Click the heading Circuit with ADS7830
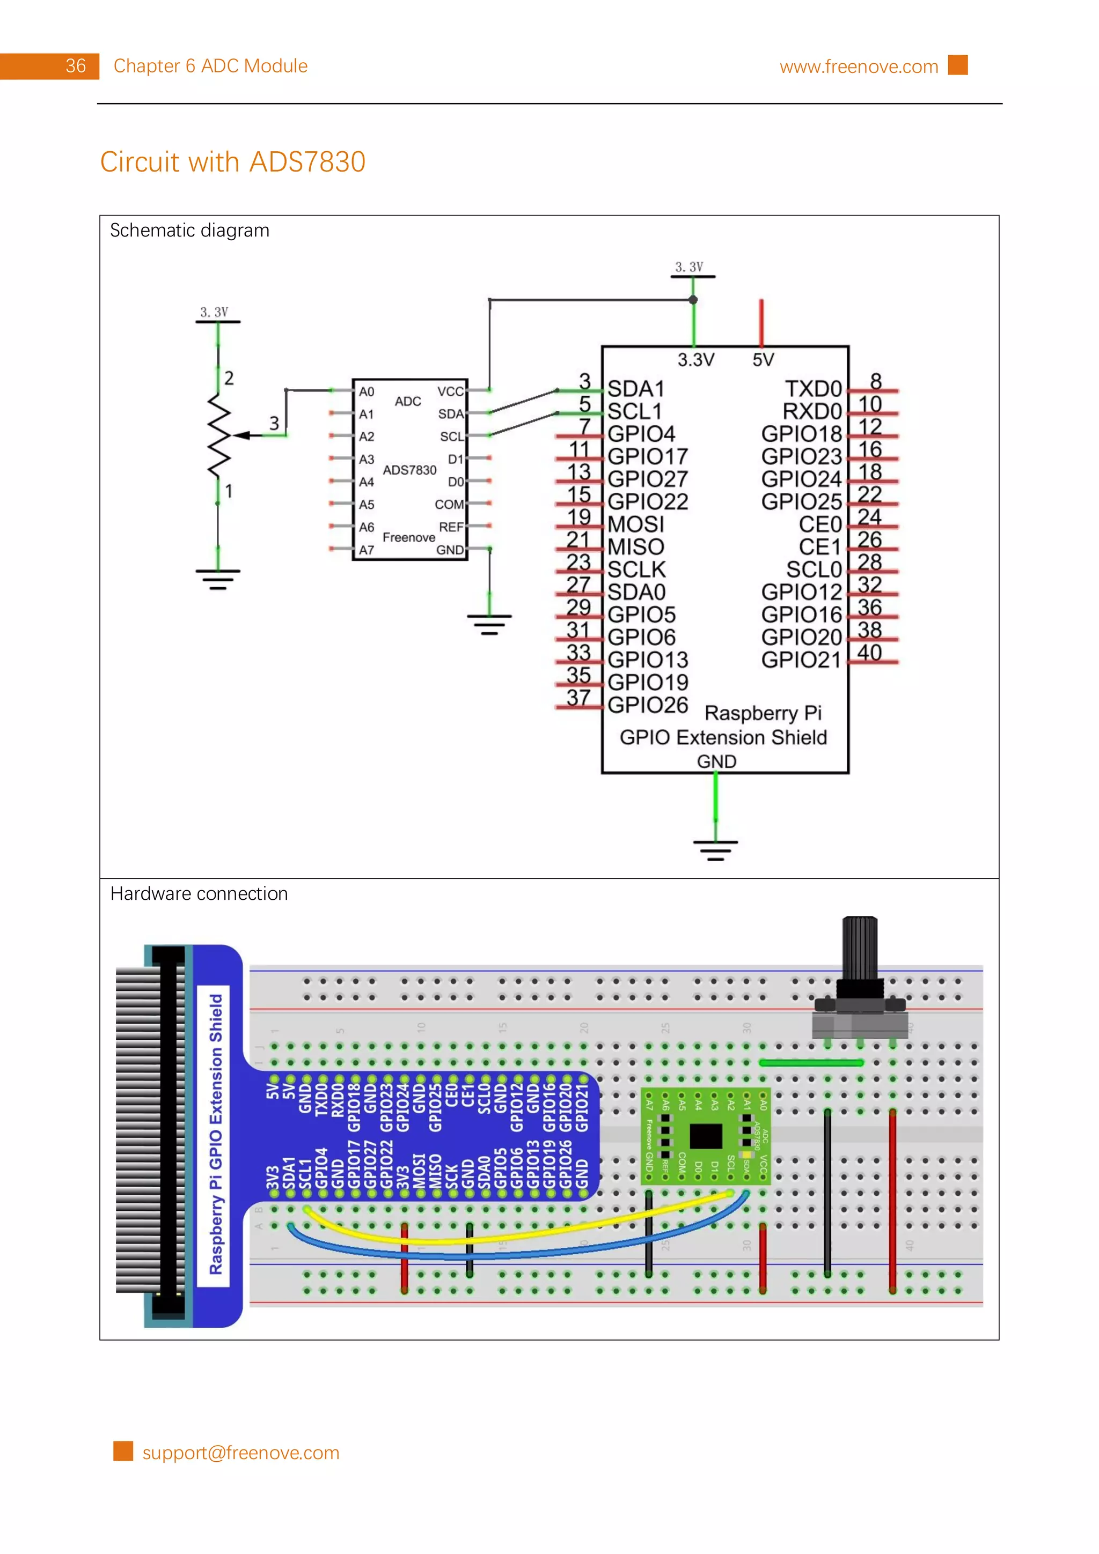(232, 162)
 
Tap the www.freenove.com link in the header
(858, 66)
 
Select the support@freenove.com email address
(240, 1453)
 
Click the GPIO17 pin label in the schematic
(647, 456)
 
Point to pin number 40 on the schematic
(869, 653)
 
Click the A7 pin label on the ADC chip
(367, 550)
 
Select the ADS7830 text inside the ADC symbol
(409, 470)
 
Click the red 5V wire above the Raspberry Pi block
(761, 322)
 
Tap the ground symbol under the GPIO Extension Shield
(715, 849)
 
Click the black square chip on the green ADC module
(706, 1136)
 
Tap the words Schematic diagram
(189, 231)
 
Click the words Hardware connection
(199, 893)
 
